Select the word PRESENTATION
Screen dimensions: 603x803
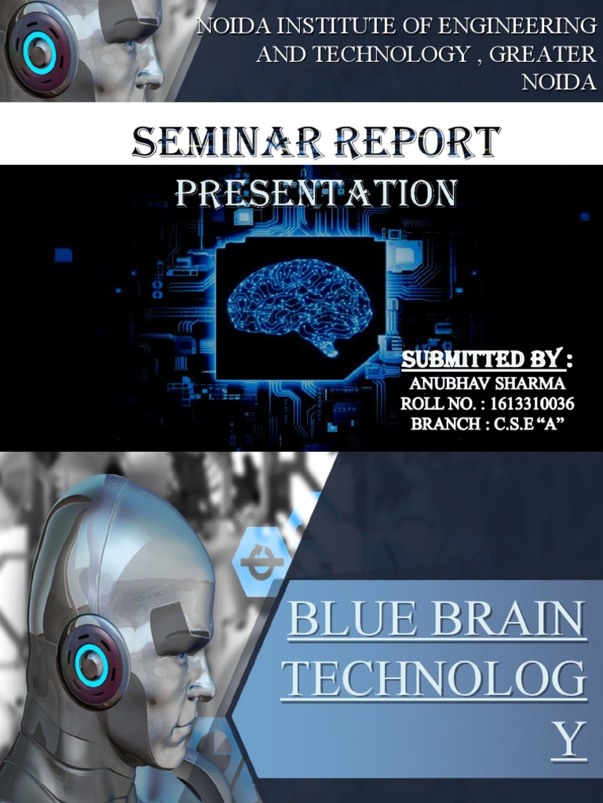click(x=316, y=194)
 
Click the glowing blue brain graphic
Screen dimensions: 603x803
click(x=301, y=307)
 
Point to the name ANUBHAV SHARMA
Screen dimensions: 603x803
click(x=488, y=383)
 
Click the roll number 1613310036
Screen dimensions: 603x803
click(x=532, y=404)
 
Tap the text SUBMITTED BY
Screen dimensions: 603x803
click(x=482, y=359)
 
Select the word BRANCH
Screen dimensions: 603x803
click(x=445, y=424)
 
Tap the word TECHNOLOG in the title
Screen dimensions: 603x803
click(x=434, y=678)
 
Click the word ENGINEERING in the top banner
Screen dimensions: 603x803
click(x=517, y=26)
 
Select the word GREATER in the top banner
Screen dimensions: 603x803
click(x=543, y=54)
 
